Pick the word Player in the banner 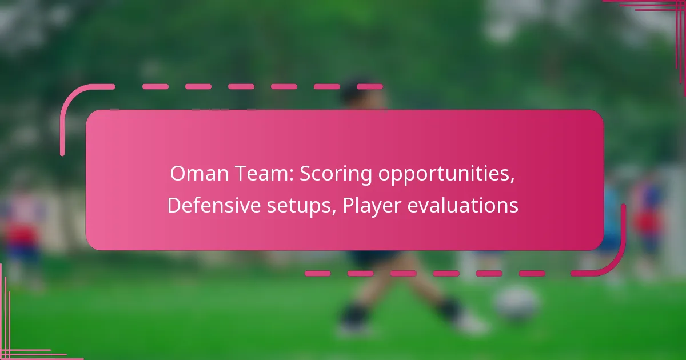pyautogui.click(x=372, y=206)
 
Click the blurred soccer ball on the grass pyautogui.click(x=516, y=303)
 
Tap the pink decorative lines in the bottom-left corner pyautogui.click(x=17, y=343)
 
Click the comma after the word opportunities pyautogui.click(x=512, y=182)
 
